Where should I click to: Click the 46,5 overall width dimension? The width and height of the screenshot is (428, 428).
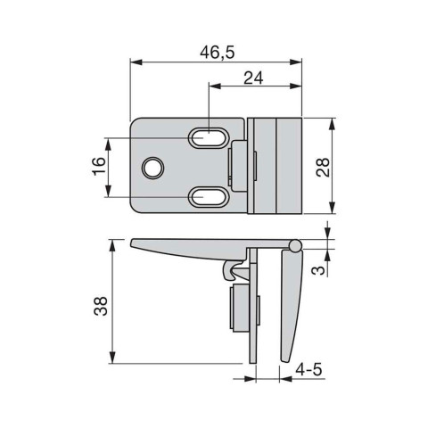coord(218,53)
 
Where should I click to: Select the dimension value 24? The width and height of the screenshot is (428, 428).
coord(253,78)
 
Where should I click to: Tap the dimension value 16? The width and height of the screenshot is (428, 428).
coord(99,166)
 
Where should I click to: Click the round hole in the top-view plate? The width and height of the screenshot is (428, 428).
coord(154,166)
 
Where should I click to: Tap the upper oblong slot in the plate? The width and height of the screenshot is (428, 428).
coord(207,138)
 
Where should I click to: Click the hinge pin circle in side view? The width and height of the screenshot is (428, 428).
coord(294,244)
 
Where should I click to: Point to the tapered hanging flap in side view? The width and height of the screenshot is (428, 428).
coord(291,303)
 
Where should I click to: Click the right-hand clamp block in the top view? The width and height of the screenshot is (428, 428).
coord(275,166)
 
